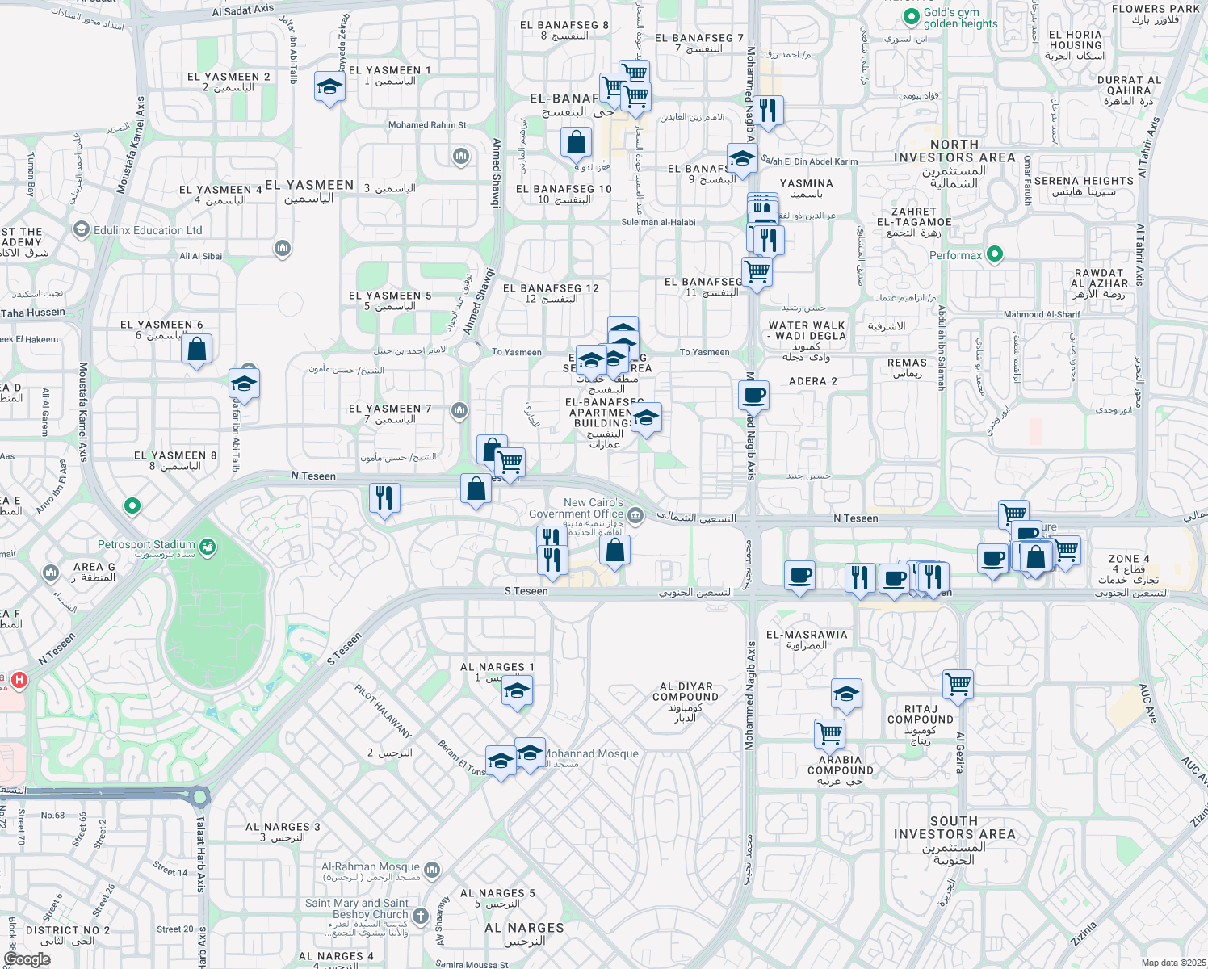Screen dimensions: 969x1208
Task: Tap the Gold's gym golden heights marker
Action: [911, 16]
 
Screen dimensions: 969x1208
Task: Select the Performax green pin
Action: [995, 254]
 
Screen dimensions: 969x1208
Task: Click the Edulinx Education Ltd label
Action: [148, 230]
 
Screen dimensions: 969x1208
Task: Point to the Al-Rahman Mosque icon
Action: [432, 869]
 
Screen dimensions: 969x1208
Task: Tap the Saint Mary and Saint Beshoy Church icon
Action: [420, 916]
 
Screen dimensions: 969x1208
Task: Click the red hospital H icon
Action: [19, 680]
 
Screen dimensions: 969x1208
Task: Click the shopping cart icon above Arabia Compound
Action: [829, 733]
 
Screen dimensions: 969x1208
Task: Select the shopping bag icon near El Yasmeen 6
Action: [196, 350]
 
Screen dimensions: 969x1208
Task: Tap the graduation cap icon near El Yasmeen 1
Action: [329, 86]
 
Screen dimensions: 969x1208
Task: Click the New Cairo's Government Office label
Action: [576, 508]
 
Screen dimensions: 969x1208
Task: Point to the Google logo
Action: [27, 959]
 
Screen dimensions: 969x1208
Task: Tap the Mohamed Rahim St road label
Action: [427, 125]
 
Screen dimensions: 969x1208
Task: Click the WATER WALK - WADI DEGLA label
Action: [807, 330]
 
